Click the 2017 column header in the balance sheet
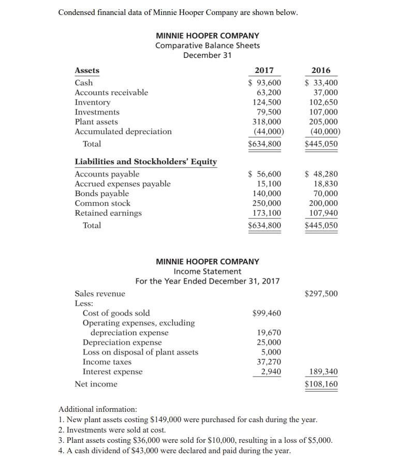(x=264, y=70)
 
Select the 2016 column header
(x=321, y=70)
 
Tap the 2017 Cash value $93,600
(x=264, y=83)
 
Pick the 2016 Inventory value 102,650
(x=323, y=102)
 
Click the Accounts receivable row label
(x=111, y=93)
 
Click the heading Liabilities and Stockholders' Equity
(x=146, y=161)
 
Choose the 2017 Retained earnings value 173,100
(x=266, y=213)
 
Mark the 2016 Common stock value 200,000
(x=323, y=203)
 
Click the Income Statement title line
(x=207, y=271)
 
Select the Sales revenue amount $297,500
(x=321, y=294)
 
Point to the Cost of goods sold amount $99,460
(x=267, y=313)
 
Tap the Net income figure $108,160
(x=321, y=384)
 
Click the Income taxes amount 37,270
(x=269, y=362)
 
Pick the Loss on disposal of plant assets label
(x=140, y=352)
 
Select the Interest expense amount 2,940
(x=271, y=372)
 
